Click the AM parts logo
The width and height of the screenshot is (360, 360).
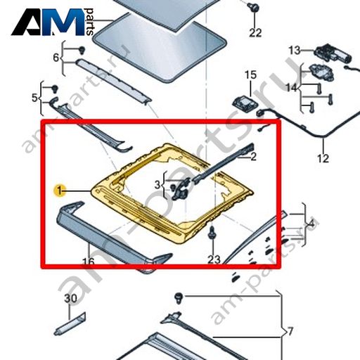[53, 22]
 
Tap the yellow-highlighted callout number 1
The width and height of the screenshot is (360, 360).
[60, 191]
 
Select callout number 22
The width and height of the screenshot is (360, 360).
[255, 32]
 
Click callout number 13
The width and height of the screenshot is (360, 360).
[294, 50]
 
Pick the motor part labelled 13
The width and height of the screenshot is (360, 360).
[333, 53]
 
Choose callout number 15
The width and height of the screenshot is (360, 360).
[251, 75]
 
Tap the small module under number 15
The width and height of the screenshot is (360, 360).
[245, 103]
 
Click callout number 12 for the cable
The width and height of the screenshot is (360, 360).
[323, 159]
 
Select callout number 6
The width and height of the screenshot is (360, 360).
[56, 58]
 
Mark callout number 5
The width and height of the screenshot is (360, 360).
[34, 98]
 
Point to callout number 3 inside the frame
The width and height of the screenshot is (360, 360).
[157, 185]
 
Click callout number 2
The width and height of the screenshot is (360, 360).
[253, 157]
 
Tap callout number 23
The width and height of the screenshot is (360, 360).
[214, 259]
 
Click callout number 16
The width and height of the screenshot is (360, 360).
[89, 262]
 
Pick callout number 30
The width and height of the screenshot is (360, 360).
[70, 299]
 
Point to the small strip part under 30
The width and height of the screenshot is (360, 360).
[70, 324]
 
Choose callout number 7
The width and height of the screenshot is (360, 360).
[290, 332]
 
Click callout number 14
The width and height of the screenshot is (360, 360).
[291, 88]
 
